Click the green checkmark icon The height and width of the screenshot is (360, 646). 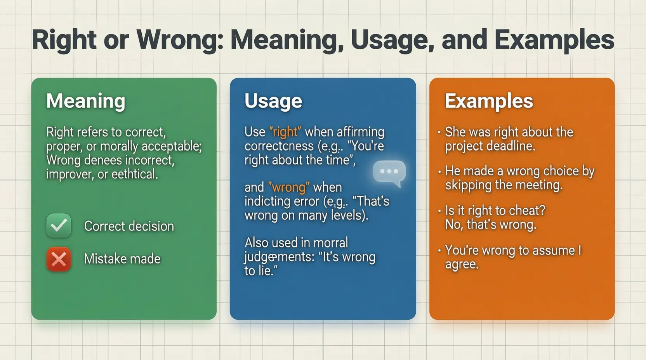(x=59, y=225)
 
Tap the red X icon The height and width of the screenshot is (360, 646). (x=59, y=259)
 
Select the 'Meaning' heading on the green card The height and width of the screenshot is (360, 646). (x=86, y=101)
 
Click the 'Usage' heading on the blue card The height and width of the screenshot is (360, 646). (x=273, y=101)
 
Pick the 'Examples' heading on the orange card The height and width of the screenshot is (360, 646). (x=489, y=101)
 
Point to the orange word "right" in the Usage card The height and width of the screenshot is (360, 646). (x=285, y=132)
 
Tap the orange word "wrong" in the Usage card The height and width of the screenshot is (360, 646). (x=289, y=187)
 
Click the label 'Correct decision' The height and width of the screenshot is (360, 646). (x=129, y=226)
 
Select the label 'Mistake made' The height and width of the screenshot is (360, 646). (x=122, y=259)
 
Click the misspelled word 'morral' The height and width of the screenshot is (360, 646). (x=331, y=243)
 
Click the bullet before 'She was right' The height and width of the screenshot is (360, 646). (x=439, y=132)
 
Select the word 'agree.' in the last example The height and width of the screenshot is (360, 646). (x=462, y=265)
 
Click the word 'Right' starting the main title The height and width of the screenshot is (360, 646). (x=64, y=40)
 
